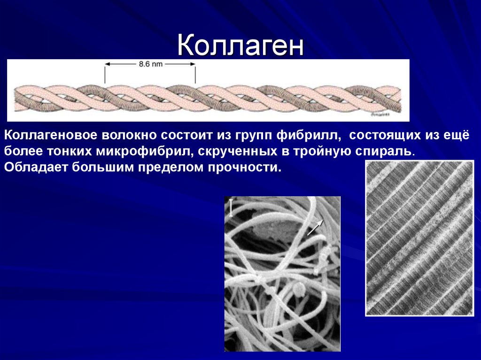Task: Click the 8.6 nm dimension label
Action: point(150,65)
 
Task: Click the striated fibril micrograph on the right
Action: point(419,238)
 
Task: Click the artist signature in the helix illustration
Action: point(379,114)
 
